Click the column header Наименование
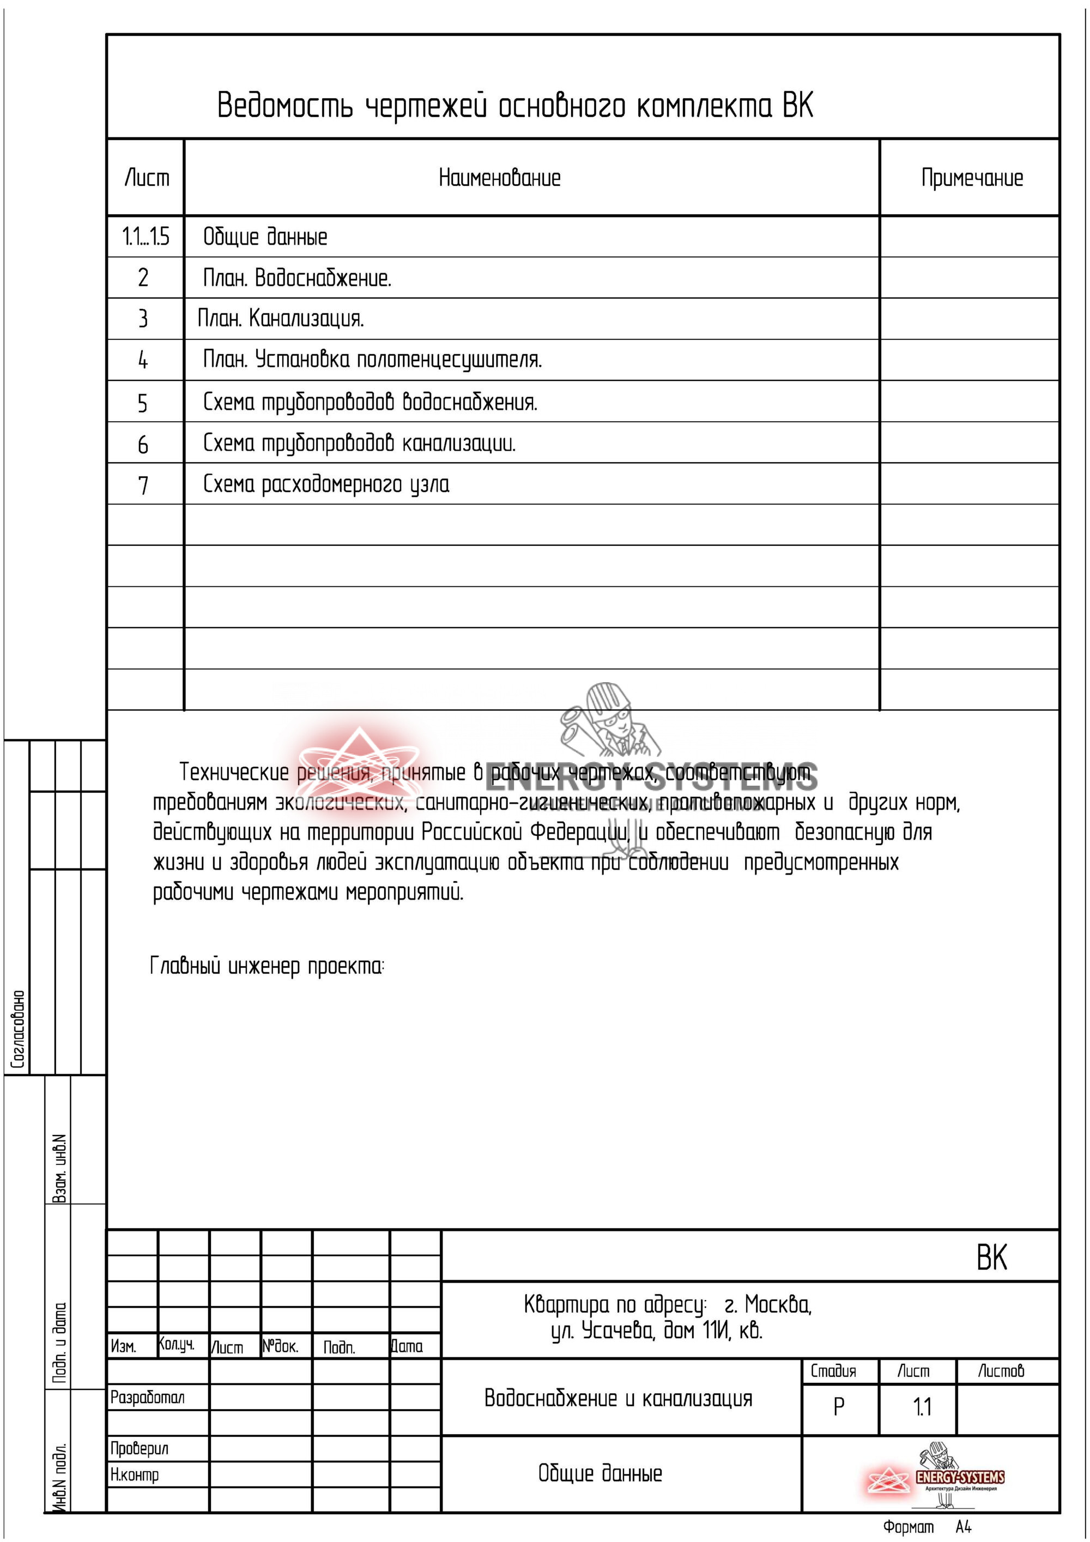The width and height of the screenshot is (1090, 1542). [499, 178]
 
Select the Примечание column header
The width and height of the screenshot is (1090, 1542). [971, 178]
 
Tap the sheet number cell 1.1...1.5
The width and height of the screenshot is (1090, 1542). [145, 237]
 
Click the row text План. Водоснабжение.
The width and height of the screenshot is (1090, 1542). [297, 278]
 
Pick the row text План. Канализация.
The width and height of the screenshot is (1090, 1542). [280, 318]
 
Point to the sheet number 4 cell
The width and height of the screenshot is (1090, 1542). [142, 361]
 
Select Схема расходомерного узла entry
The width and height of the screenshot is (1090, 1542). [326, 484]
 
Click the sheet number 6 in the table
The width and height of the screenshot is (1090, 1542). [142, 445]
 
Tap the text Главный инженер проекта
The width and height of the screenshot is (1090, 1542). [267, 967]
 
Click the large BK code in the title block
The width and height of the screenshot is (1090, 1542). [991, 1257]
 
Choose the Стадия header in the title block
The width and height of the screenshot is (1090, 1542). [833, 1371]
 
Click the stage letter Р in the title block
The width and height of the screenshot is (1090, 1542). [838, 1407]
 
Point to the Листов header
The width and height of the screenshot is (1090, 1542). [1001, 1371]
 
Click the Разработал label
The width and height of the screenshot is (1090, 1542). [147, 1398]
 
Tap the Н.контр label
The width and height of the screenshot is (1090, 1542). [134, 1475]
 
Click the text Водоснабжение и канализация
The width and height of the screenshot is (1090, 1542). [618, 1399]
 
